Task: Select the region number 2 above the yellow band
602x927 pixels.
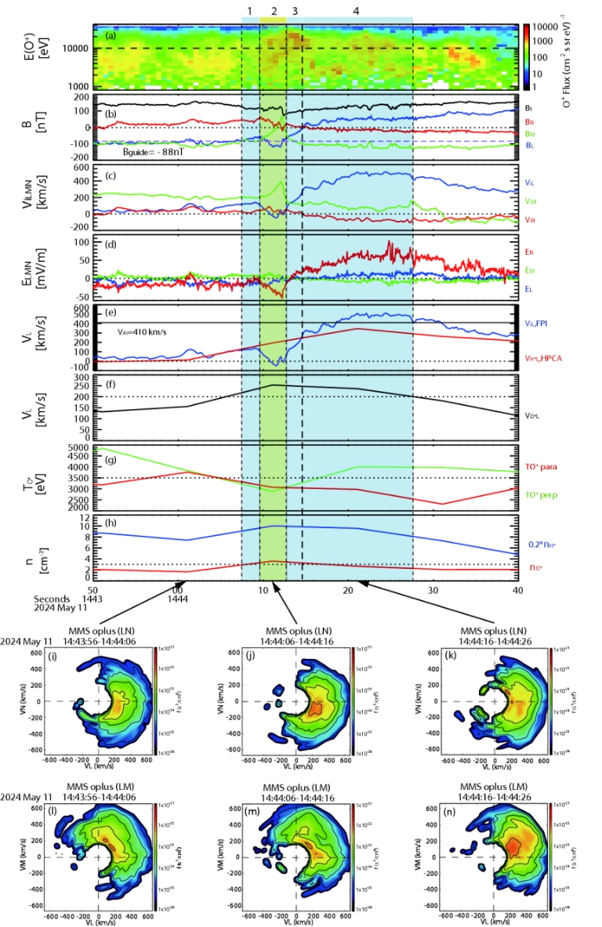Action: coord(274,12)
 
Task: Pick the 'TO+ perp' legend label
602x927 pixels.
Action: coord(539,494)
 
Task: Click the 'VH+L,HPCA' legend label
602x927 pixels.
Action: coord(540,357)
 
